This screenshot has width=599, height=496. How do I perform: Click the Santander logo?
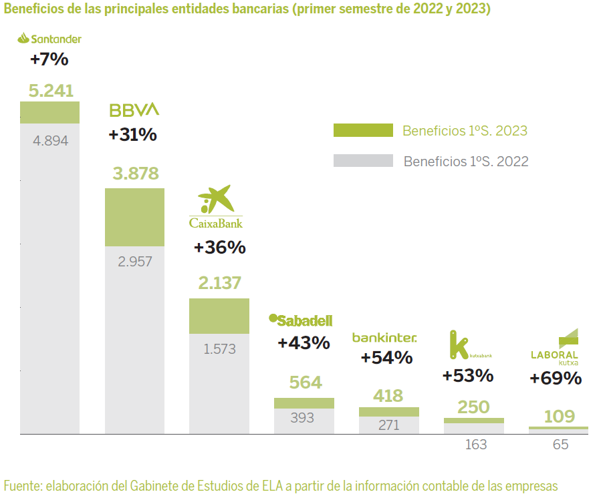pos(49,39)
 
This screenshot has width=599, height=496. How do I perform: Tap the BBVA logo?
pos(134,109)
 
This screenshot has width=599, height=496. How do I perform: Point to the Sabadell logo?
pos(300,320)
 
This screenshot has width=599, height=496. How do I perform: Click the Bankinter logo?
pos(384,338)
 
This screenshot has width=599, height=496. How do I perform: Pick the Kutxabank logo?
pos(470,346)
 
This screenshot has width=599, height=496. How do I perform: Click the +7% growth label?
pos(49,59)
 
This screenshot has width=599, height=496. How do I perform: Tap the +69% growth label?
pos(556,378)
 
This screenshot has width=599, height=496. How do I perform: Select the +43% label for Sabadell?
pos(304,343)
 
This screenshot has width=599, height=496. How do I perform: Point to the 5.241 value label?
pos(51,91)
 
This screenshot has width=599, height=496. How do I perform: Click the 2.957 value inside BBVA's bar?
pos(135,261)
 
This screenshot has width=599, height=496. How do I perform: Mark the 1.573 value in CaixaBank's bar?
pos(220,348)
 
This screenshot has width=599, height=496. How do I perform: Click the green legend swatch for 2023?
pos(363,131)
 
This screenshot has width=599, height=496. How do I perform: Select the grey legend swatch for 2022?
pos(363,161)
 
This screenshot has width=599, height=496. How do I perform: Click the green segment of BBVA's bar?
pos(135,217)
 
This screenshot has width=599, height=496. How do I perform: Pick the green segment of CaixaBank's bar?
pos(219,316)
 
